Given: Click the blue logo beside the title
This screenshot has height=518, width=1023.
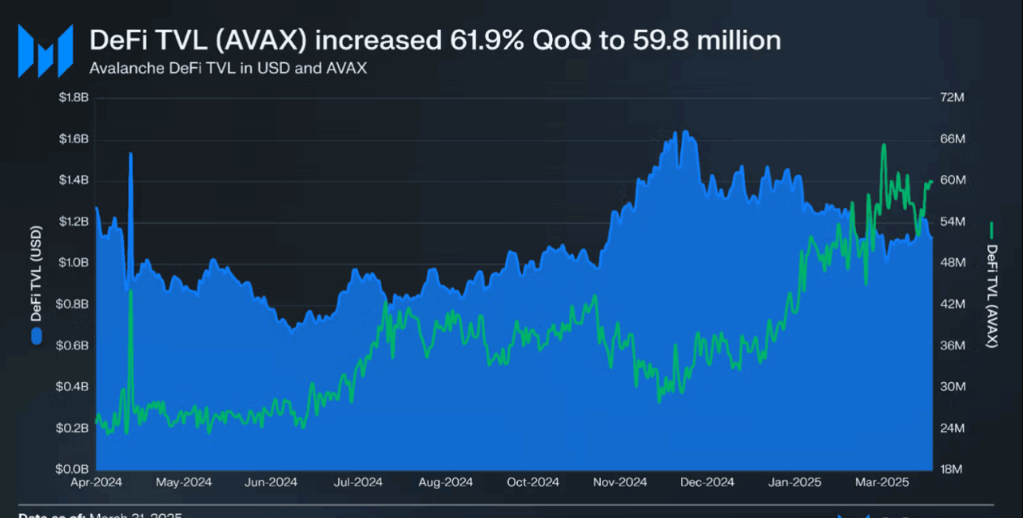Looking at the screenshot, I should [46, 50].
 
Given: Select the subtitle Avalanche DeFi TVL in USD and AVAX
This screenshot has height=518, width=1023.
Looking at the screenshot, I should [228, 68].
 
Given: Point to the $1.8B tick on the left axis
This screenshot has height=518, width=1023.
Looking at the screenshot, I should [74, 98].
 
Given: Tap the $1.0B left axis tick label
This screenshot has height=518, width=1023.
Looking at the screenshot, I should [74, 263].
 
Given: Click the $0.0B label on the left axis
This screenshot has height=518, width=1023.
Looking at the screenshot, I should [74, 469].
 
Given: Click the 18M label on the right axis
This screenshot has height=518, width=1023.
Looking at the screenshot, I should [952, 469].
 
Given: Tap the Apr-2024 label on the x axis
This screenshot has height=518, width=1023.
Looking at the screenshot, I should [96, 483].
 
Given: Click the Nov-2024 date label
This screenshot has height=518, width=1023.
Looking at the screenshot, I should [620, 483].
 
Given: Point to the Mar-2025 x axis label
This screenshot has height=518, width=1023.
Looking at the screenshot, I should [882, 483].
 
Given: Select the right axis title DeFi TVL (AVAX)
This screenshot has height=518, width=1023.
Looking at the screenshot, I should [992, 296].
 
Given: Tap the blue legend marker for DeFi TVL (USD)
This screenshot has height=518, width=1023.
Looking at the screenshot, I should [36, 337].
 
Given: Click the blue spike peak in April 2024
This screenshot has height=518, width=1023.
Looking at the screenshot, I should [130, 153].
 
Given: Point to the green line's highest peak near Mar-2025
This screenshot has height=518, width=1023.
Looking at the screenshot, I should [884, 145].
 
